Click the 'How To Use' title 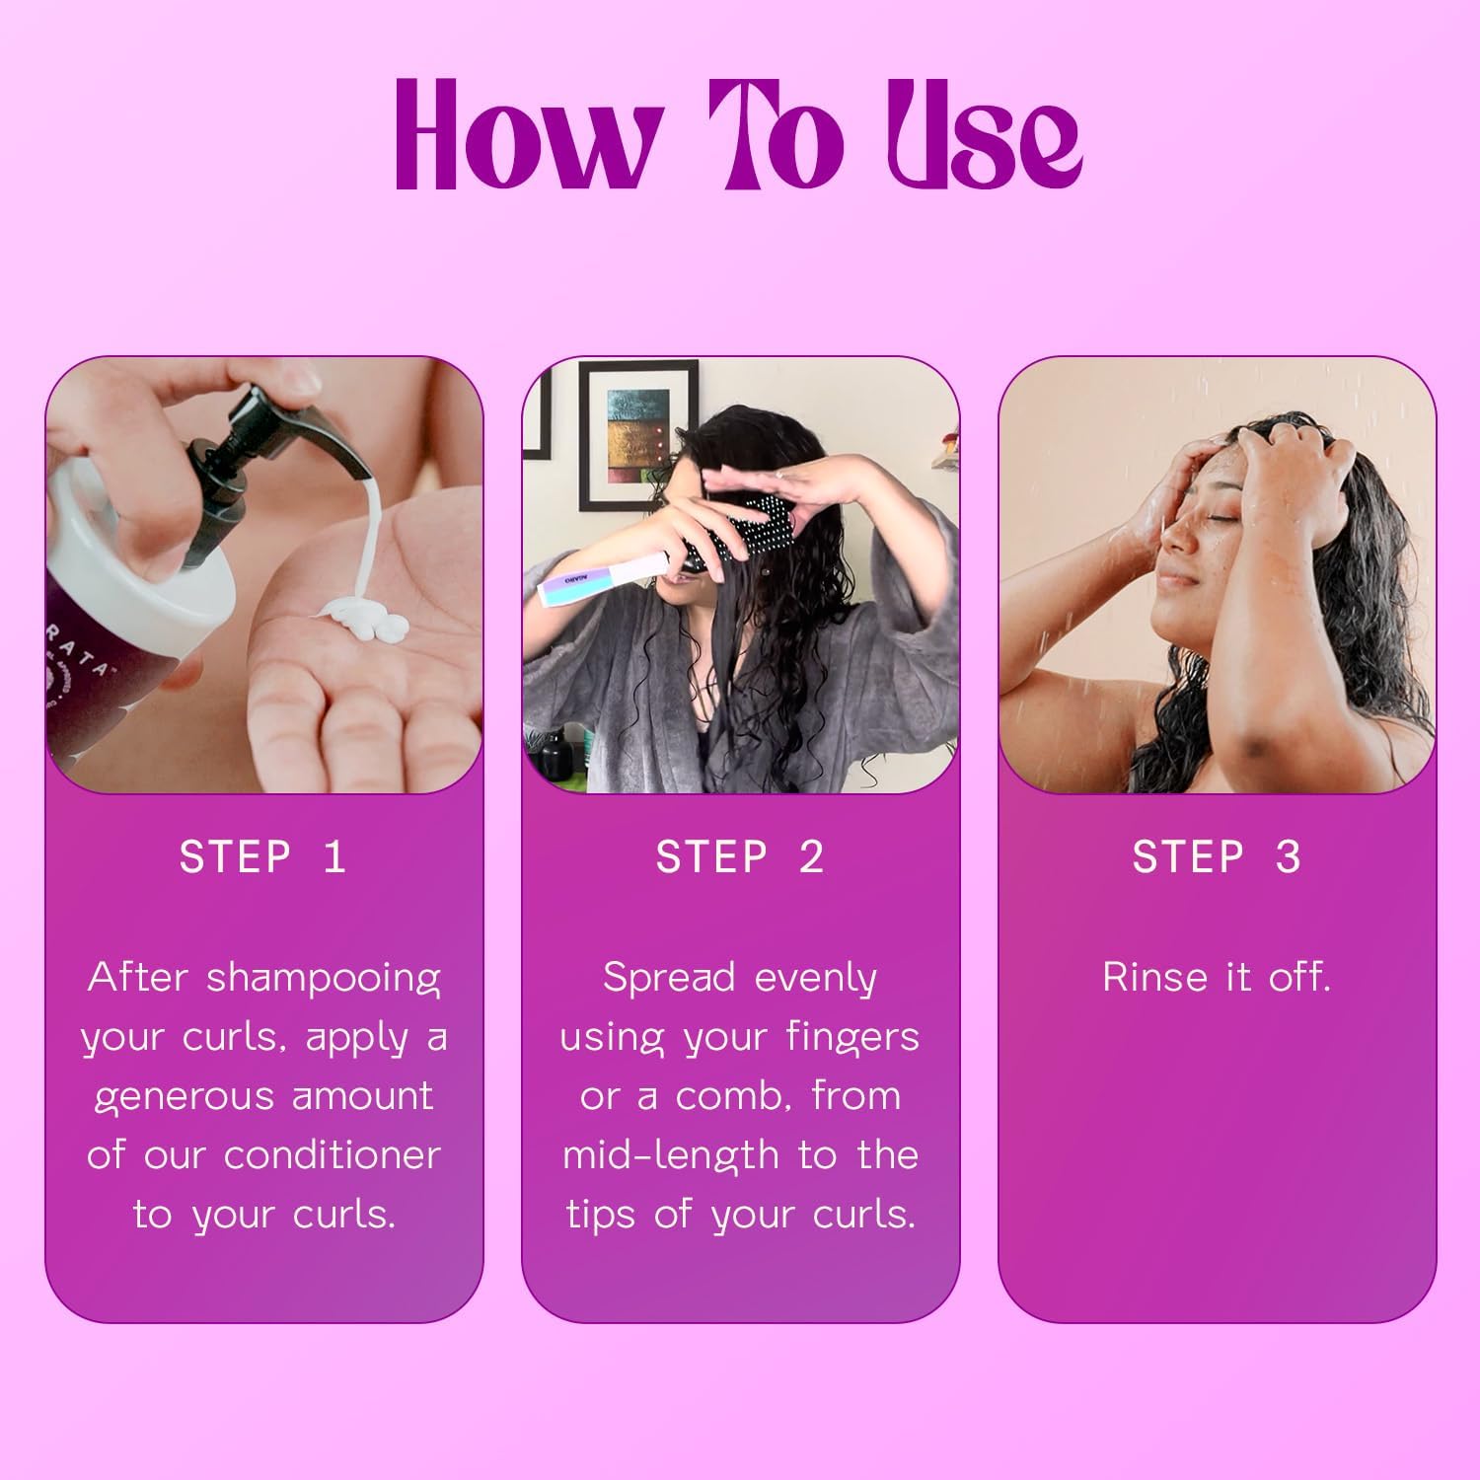click(x=738, y=133)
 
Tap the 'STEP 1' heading click(x=263, y=856)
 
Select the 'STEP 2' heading click(x=740, y=856)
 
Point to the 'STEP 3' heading click(x=1217, y=856)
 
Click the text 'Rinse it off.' click(x=1217, y=977)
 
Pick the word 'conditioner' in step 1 click(x=332, y=1155)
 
